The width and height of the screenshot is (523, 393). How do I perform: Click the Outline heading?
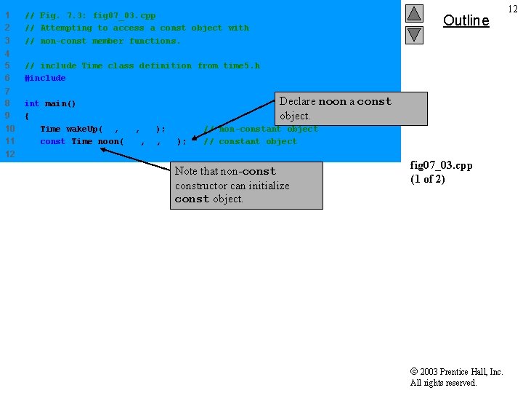click(466, 20)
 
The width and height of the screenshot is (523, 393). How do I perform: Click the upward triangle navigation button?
click(414, 13)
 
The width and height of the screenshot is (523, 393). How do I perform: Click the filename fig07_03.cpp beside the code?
click(441, 165)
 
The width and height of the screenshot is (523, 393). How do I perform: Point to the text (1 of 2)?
click(427, 179)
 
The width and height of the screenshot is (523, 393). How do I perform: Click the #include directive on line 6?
click(45, 78)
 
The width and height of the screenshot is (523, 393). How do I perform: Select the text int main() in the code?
click(50, 103)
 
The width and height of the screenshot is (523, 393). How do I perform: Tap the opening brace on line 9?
click(27, 116)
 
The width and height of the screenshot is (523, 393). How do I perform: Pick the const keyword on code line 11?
click(52, 141)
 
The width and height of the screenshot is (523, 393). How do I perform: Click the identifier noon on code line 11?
click(110, 141)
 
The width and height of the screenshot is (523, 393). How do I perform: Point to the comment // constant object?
click(250, 141)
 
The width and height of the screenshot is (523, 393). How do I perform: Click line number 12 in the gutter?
click(9, 154)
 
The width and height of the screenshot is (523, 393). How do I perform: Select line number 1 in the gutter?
click(7, 15)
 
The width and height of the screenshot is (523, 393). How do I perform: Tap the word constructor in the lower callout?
click(201, 186)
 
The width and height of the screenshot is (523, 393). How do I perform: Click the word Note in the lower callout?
click(186, 172)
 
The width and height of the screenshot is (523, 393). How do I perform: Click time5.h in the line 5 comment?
click(241, 65)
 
